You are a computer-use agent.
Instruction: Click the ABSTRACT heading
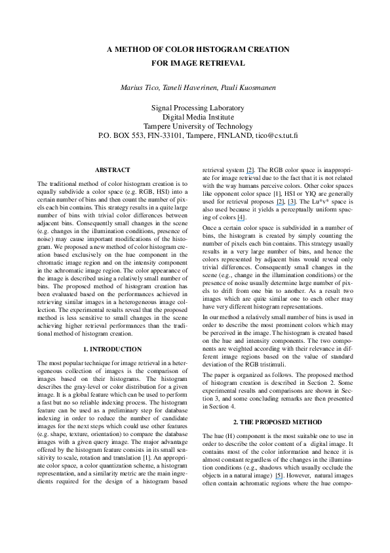pyautogui.click(x=113, y=170)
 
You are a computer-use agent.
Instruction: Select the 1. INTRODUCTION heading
pyautogui.click(x=113, y=349)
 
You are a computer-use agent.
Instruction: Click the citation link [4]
pyautogui.click(x=241, y=217)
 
